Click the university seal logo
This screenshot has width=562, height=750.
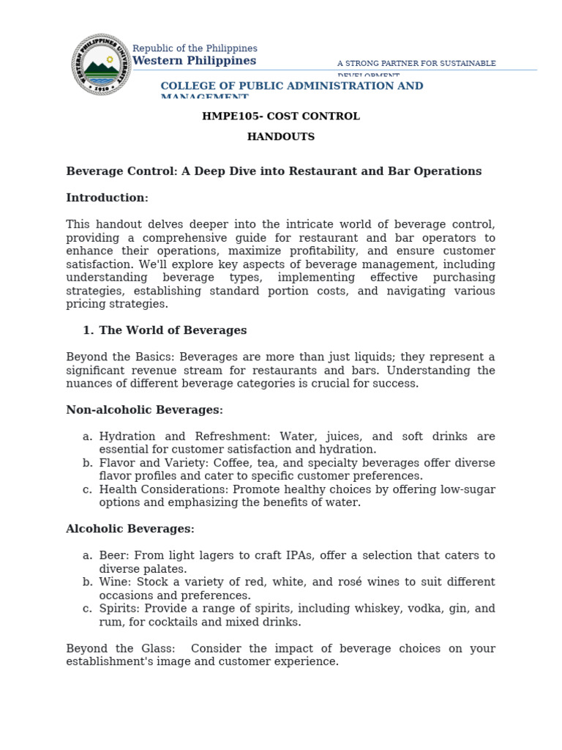point(101,64)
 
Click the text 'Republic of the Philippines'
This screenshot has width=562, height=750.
point(195,48)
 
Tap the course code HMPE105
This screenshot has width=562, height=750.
point(228,116)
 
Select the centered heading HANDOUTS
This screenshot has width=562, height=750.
point(281,137)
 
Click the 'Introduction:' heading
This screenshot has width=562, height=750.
point(107,198)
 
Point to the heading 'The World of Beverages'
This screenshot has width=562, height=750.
point(173,330)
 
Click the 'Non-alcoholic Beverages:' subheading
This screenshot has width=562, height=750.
point(144,410)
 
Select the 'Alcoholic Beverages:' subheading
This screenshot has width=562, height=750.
point(130,529)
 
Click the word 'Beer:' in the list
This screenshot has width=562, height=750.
point(113,556)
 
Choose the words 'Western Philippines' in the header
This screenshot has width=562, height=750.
point(194,61)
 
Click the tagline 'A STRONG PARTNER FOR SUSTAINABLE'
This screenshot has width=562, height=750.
point(416,64)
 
